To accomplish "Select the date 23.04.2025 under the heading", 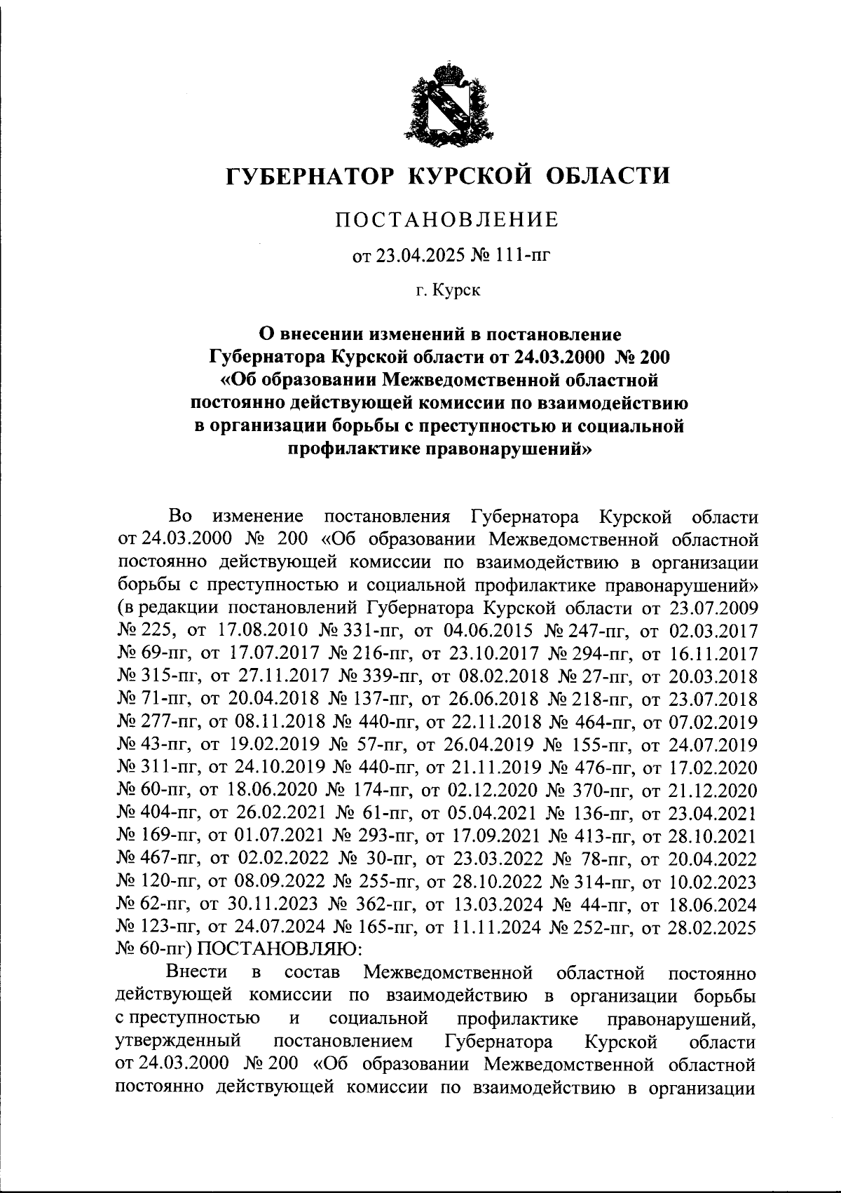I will [x=413, y=256].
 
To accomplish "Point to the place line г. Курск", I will [x=447, y=290].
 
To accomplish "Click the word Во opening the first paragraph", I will [x=180, y=517].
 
